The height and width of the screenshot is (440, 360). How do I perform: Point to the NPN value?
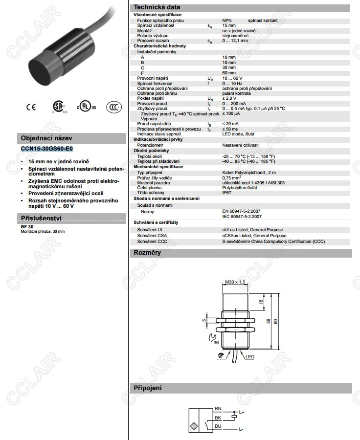[226, 20]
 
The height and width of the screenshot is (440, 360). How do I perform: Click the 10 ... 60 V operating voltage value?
[232, 78]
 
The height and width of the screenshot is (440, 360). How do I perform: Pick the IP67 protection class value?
[227, 193]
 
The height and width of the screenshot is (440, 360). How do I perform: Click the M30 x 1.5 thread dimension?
[235, 282]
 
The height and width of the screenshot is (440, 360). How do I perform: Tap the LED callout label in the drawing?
[250, 357]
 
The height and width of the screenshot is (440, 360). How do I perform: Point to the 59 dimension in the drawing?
[269, 321]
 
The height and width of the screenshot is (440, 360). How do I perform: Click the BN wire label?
[218, 409]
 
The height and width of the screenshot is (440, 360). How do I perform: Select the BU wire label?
[218, 426]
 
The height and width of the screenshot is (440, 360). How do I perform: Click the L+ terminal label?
[241, 413]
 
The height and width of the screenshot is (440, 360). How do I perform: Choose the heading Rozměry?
[147, 253]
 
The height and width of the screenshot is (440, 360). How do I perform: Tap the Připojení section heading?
[148, 388]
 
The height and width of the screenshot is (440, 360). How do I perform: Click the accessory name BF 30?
[27, 227]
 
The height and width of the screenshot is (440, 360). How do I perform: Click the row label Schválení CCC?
[152, 242]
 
